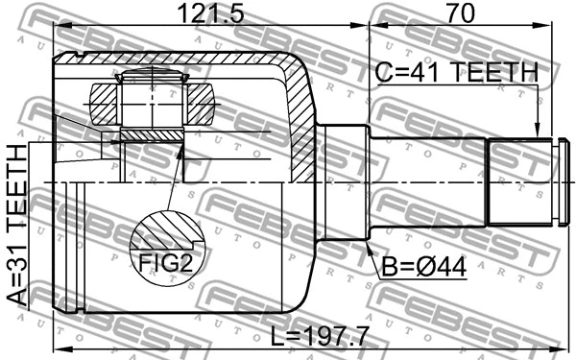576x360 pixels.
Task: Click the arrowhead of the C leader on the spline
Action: (539, 134)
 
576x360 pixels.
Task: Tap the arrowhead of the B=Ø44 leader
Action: (370, 246)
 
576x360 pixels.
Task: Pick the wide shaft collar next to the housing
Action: (345, 182)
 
